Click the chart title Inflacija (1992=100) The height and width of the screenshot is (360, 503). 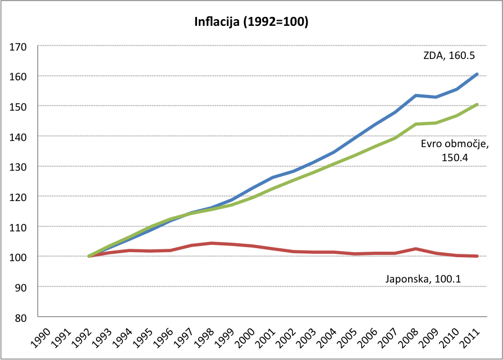coord(251,22)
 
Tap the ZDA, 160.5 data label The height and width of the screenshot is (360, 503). coord(450,55)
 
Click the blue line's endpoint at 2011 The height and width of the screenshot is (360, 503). coord(477,74)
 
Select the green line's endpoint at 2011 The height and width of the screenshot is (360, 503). coord(477,104)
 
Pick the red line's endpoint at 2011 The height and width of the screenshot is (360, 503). coord(477,256)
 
